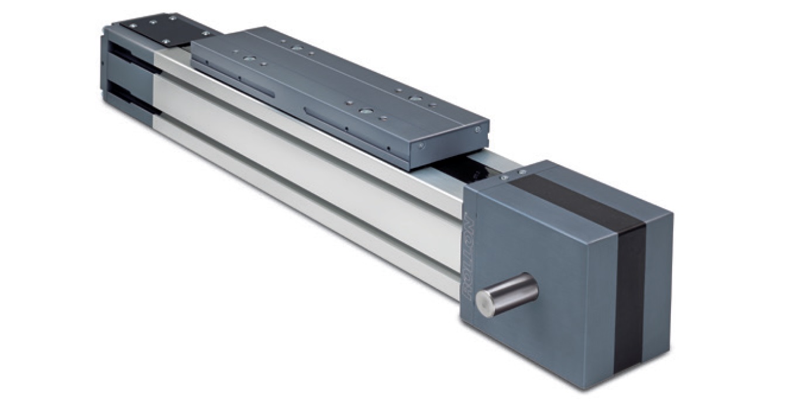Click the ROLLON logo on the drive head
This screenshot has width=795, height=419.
point(469,258)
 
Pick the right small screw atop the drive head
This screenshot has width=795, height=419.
point(522,172)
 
